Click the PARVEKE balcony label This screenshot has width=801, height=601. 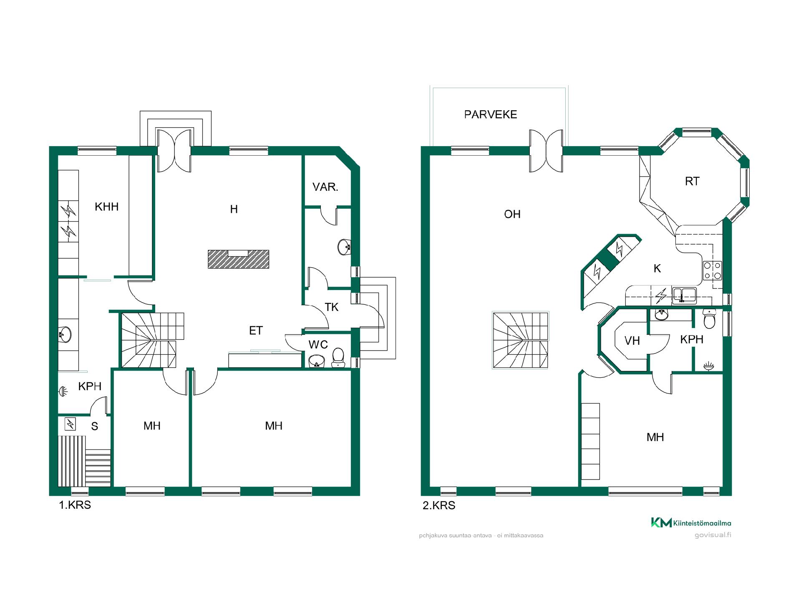pyautogui.click(x=491, y=114)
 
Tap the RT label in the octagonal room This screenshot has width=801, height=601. pyautogui.click(x=692, y=181)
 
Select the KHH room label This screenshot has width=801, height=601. pyautogui.click(x=107, y=207)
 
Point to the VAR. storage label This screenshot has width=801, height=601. pyautogui.click(x=325, y=187)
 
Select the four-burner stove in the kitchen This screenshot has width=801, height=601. pyautogui.click(x=713, y=270)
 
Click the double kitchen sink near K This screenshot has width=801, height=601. pyautogui.click(x=684, y=295)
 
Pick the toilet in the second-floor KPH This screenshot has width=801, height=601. pyautogui.click(x=709, y=319)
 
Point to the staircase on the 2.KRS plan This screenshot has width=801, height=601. pyautogui.click(x=521, y=340)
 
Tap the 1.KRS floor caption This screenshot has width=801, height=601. pyautogui.click(x=75, y=505)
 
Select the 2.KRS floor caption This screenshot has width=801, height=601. pyautogui.click(x=439, y=505)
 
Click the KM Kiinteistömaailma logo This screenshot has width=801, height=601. pyautogui.click(x=691, y=523)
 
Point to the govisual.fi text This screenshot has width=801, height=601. pyautogui.click(x=713, y=535)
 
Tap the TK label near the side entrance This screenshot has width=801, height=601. pyautogui.click(x=332, y=307)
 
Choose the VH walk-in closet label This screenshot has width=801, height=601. pyautogui.click(x=632, y=341)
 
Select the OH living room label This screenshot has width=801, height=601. pyautogui.click(x=512, y=214)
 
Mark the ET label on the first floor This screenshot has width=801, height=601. pyautogui.click(x=256, y=331)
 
